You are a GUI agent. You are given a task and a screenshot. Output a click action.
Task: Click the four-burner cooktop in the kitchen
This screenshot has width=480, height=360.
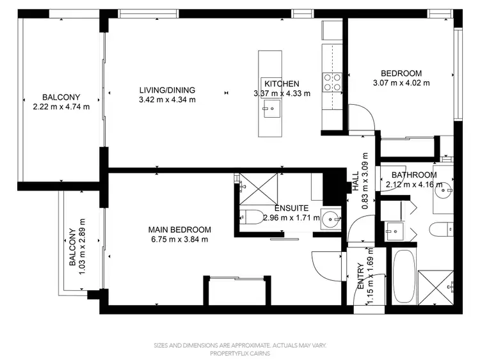click(332, 81)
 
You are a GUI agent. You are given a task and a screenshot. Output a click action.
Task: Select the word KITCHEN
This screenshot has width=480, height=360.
click(282, 84)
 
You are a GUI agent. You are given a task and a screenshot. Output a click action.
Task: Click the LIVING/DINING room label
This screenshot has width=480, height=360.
click(167, 90)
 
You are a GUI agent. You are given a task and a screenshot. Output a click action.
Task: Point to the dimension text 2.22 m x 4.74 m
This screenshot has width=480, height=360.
click(61, 107)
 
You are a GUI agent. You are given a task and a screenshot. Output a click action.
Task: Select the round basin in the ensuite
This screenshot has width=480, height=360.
click(331, 217)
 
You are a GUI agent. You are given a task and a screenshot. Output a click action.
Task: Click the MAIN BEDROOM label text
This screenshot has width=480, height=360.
click(179, 230)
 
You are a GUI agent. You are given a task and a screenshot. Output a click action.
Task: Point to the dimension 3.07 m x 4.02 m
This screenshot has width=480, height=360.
click(401, 82)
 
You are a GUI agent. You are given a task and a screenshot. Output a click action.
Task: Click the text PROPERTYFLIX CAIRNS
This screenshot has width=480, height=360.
click(240, 353)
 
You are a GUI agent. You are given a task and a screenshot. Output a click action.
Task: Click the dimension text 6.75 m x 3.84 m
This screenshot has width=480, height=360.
click(179, 239)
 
